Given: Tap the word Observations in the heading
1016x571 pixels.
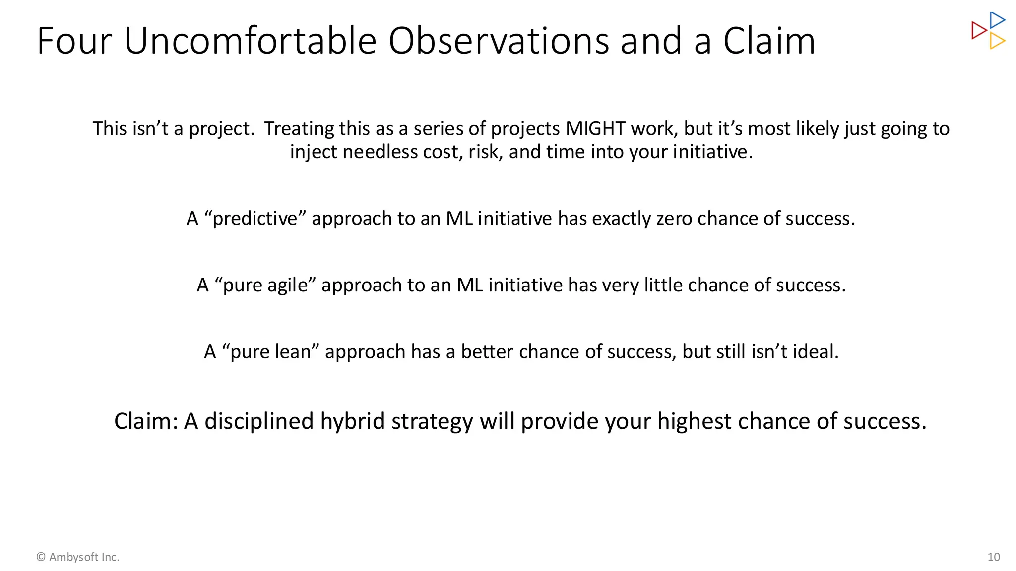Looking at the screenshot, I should (499, 41).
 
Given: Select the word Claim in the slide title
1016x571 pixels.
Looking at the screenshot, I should (769, 41).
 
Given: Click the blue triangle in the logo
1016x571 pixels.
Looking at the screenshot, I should (997, 20).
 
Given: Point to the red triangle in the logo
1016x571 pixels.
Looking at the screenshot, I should (978, 30).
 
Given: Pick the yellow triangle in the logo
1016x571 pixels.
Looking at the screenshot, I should (997, 41).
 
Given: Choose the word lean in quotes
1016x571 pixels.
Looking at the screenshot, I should (293, 352).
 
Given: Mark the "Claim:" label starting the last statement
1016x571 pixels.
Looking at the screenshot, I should (146, 421).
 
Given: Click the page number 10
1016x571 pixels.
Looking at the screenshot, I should (993, 557).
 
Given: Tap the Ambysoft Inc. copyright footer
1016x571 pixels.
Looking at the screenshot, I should (78, 557).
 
